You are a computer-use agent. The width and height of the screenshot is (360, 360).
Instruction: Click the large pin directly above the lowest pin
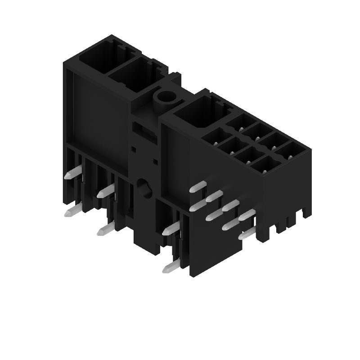point(171,229)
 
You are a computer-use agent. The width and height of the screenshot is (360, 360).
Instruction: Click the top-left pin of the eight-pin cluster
point(198,186)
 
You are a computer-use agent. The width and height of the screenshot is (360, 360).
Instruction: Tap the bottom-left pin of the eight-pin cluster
point(198,207)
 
